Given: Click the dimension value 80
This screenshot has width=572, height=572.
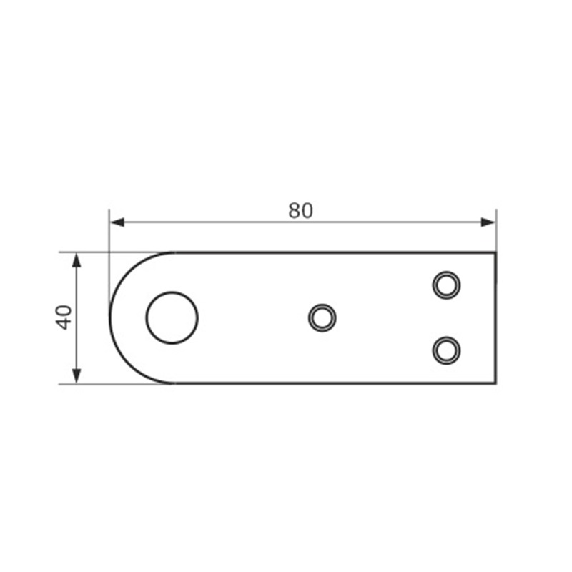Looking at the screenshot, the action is click(300, 210).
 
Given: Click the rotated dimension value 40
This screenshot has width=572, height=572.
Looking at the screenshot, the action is click(64, 317).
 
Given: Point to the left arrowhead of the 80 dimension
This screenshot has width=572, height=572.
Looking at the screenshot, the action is click(117, 222).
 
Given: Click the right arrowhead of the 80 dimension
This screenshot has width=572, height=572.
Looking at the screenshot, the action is click(488, 222).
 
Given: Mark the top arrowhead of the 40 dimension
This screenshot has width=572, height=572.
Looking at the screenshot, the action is click(77, 260).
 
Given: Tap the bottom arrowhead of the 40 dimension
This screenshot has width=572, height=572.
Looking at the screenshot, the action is click(77, 376).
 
